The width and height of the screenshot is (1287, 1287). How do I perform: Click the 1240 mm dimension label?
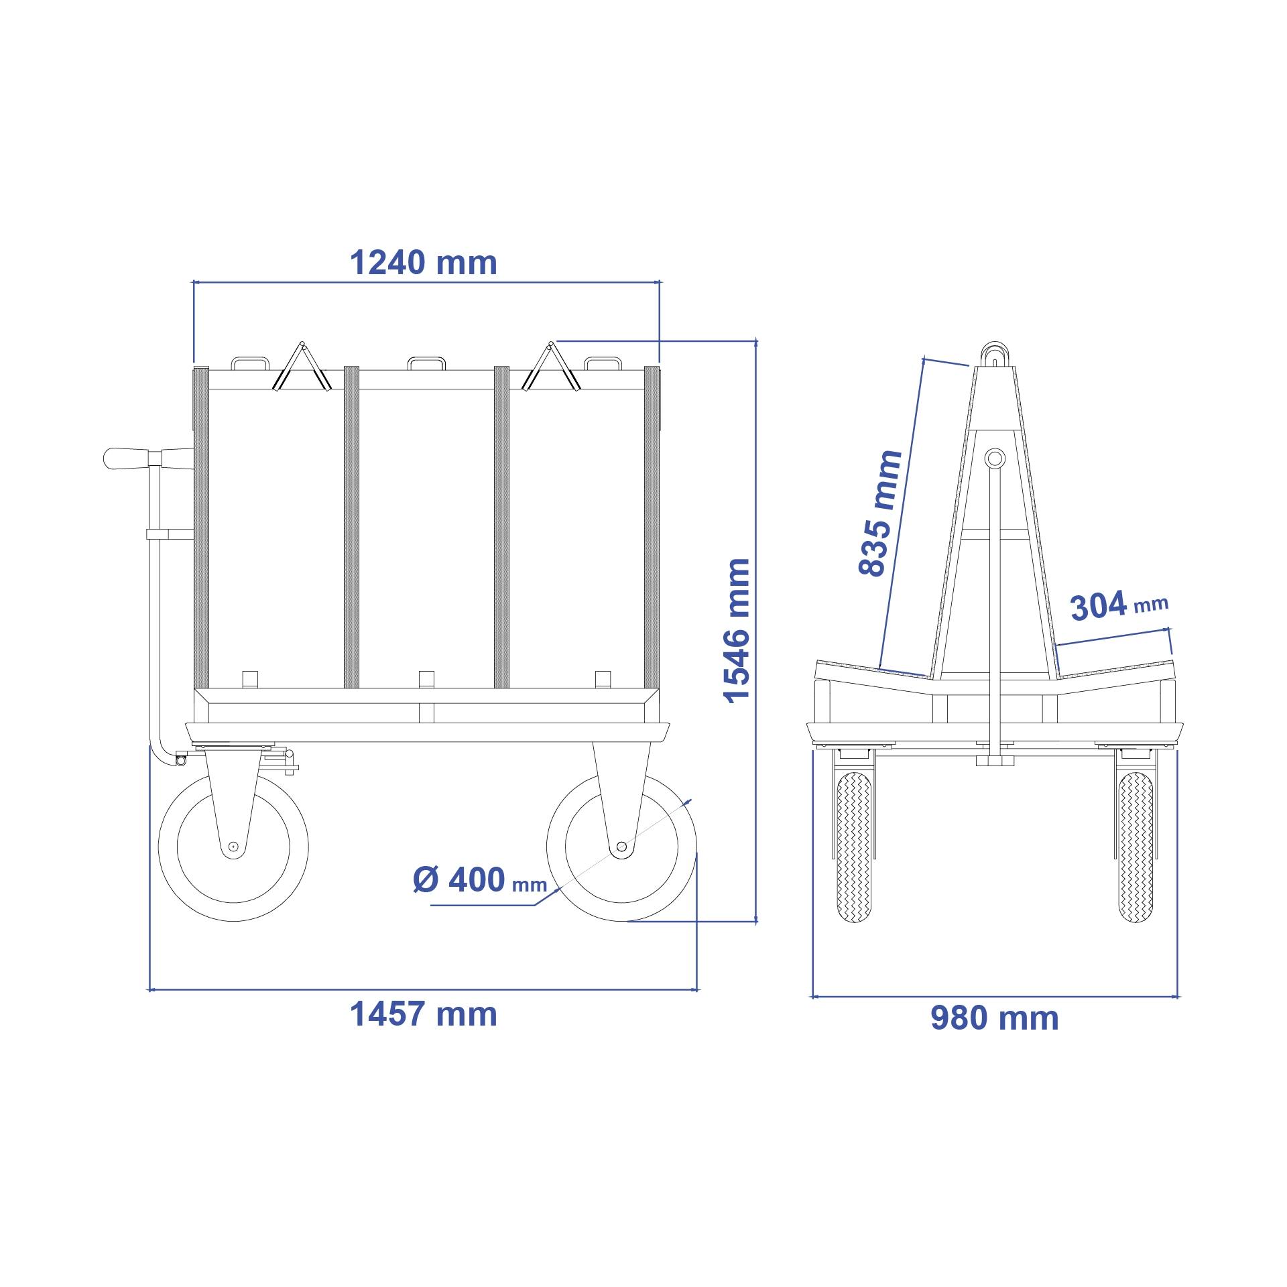pyautogui.click(x=423, y=263)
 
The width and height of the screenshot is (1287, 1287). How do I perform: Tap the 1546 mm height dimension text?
pyautogui.click(x=737, y=631)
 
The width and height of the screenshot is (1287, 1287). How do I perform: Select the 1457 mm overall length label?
pyautogui.click(x=423, y=1014)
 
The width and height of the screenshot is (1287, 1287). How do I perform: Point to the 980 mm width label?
pyautogui.click(x=994, y=1018)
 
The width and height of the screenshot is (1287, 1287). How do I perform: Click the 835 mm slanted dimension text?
pyautogui.click(x=879, y=513)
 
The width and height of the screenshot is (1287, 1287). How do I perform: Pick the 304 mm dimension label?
pyautogui.click(x=1119, y=605)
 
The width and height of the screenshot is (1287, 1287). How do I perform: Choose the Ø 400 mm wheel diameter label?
pyautogui.click(x=480, y=880)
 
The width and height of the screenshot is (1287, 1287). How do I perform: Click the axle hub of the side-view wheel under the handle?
pyautogui.click(x=233, y=847)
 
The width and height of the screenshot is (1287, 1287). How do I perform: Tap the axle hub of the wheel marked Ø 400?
pyautogui.click(x=621, y=847)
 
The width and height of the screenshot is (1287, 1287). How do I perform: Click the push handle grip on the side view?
pyautogui.click(x=126, y=458)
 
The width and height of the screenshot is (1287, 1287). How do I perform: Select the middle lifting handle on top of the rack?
pyautogui.click(x=426, y=363)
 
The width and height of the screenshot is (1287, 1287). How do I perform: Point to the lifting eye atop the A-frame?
pyautogui.click(x=995, y=353)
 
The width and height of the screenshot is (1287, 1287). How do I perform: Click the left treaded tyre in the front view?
pyautogui.click(x=854, y=847)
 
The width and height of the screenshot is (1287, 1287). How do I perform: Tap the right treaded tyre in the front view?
pyautogui.click(x=1136, y=847)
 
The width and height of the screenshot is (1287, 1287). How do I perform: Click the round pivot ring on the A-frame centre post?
pyautogui.click(x=995, y=458)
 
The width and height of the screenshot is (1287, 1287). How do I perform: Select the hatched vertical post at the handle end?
pyautogui.click(x=201, y=528)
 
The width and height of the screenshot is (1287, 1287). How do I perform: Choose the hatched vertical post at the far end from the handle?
pyautogui.click(x=652, y=528)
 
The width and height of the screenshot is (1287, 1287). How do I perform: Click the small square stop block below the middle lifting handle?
pyautogui.click(x=426, y=678)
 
